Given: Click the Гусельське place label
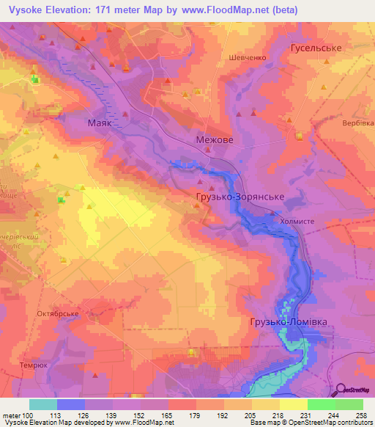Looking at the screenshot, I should [316, 48].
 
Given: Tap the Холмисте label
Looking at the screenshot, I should [297, 218].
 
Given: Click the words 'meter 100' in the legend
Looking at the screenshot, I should [16, 415].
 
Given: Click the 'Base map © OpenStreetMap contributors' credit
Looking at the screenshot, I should [309, 423].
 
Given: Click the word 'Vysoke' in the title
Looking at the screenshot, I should [24, 10].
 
